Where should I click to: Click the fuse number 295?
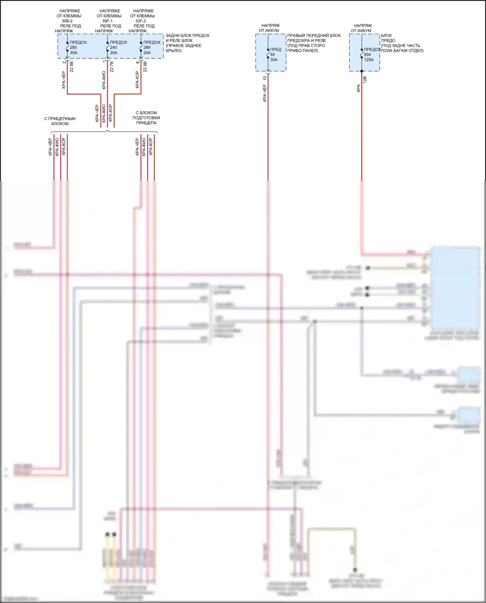(x=73, y=47)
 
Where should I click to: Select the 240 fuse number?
(x=113, y=47)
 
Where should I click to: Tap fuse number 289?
(x=147, y=47)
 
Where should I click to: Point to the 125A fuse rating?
(x=369, y=60)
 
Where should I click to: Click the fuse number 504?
(x=367, y=54)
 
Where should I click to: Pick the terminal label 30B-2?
(x=67, y=21)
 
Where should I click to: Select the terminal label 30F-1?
(x=107, y=21)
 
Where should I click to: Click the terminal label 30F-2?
(x=141, y=21)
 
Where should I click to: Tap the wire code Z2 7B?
(x=112, y=67)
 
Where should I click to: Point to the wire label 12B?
(x=365, y=80)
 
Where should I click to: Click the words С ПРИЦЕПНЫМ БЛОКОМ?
(x=60, y=121)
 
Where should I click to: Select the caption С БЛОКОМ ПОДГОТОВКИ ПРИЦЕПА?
(x=146, y=118)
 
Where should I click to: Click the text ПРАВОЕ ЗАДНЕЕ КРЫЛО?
(x=183, y=48)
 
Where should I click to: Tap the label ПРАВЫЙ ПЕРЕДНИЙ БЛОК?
(x=314, y=36)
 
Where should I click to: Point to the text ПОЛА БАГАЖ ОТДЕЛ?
(x=402, y=51)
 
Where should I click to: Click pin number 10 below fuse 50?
(x=265, y=78)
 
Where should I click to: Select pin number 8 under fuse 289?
(x=138, y=62)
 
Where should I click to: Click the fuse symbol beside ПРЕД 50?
(x=268, y=54)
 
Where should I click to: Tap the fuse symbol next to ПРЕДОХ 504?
(x=362, y=54)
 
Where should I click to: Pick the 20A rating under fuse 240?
(x=114, y=53)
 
